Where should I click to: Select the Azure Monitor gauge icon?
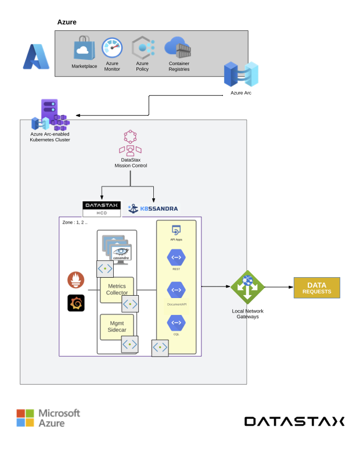pyautogui.click(x=112, y=48)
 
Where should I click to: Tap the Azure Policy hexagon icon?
pyautogui.click(x=142, y=48)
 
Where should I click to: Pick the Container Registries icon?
pyautogui.click(x=178, y=47)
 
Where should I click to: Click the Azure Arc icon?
pyautogui.click(x=240, y=74)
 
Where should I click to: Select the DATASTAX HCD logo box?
pyautogui.click(x=102, y=209)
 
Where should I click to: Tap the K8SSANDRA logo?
pyautogui.click(x=152, y=208)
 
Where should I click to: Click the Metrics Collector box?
pyautogui.click(x=117, y=289)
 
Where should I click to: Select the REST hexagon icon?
pyautogui.click(x=176, y=257)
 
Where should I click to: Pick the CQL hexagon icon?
pyautogui.click(x=176, y=323)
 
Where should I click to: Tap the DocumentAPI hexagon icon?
pyautogui.click(x=176, y=290)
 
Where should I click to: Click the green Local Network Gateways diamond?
pyautogui.click(x=248, y=287)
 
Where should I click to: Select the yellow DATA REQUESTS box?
pyautogui.click(x=316, y=288)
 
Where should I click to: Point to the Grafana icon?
pyautogui.click(x=76, y=303)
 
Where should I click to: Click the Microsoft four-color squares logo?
pyautogui.click(x=25, y=418)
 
